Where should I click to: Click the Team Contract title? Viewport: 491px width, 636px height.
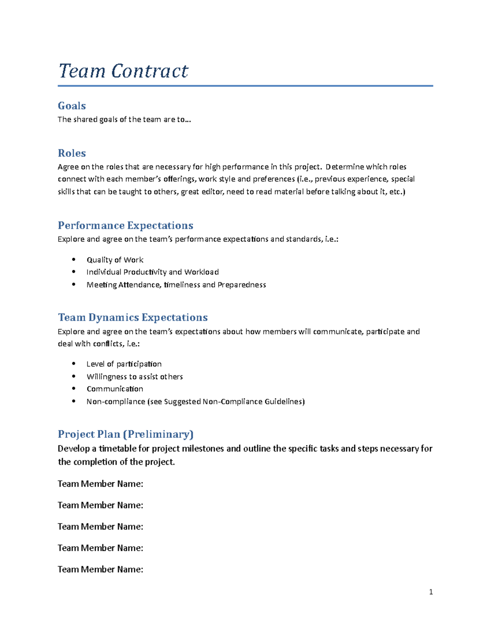pyautogui.click(x=123, y=71)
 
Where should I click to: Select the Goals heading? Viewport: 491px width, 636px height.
pyautogui.click(x=72, y=106)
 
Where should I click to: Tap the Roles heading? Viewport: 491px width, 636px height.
pyautogui.click(x=72, y=153)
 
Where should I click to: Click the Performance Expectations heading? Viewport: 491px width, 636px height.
pyautogui.click(x=125, y=226)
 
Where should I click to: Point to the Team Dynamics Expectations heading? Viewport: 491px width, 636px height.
pyautogui.click(x=133, y=317)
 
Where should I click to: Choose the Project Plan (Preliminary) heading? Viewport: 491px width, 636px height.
pyautogui.click(x=126, y=434)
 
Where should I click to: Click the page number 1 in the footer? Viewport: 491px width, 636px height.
pyautogui.click(x=430, y=592)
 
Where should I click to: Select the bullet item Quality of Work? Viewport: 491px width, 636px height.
pyautogui.click(x=115, y=260)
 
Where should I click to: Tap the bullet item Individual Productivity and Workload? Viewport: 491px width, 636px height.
pyautogui.click(x=152, y=272)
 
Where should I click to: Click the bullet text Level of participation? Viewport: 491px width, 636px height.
pyautogui.click(x=124, y=364)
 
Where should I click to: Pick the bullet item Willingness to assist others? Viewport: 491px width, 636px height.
pyautogui.click(x=134, y=377)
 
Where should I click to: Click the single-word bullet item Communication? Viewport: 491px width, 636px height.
pyautogui.click(x=115, y=389)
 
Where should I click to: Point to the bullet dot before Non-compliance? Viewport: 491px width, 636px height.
pyautogui.click(x=74, y=401)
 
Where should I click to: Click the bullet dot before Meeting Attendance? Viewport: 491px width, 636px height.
pyautogui.click(x=74, y=284)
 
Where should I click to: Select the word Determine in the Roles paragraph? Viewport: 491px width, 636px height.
pyautogui.click(x=345, y=167)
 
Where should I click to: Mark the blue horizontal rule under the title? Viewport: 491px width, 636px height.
pyautogui.click(x=245, y=86)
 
